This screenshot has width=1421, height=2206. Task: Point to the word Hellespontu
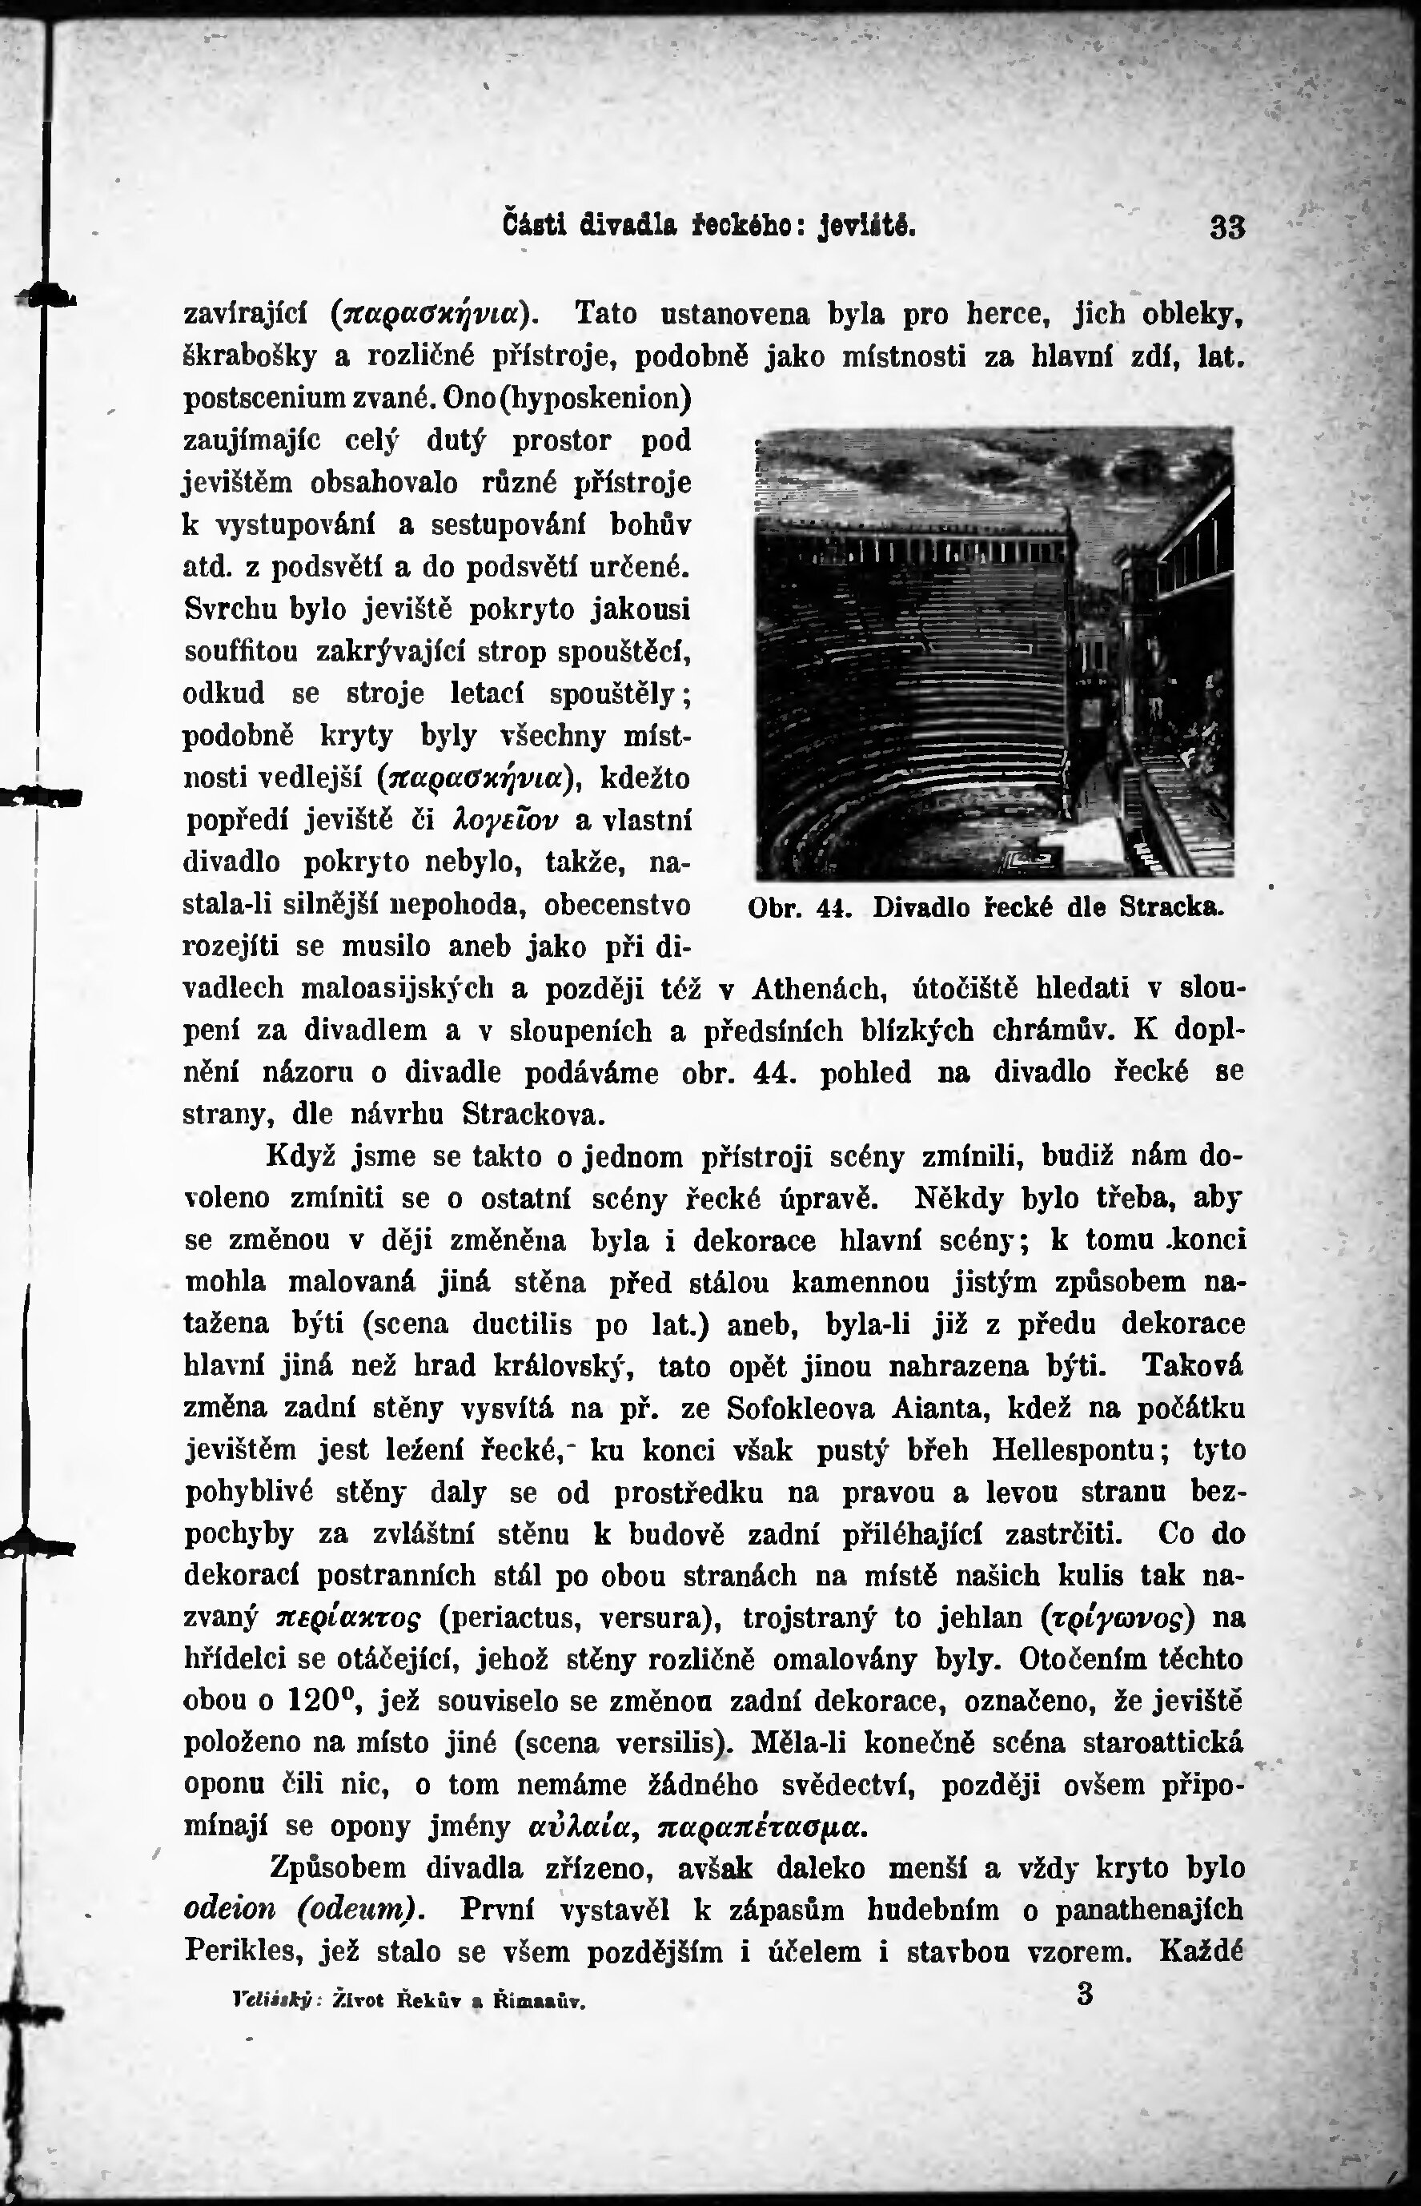pyautogui.click(x=1074, y=1451)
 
